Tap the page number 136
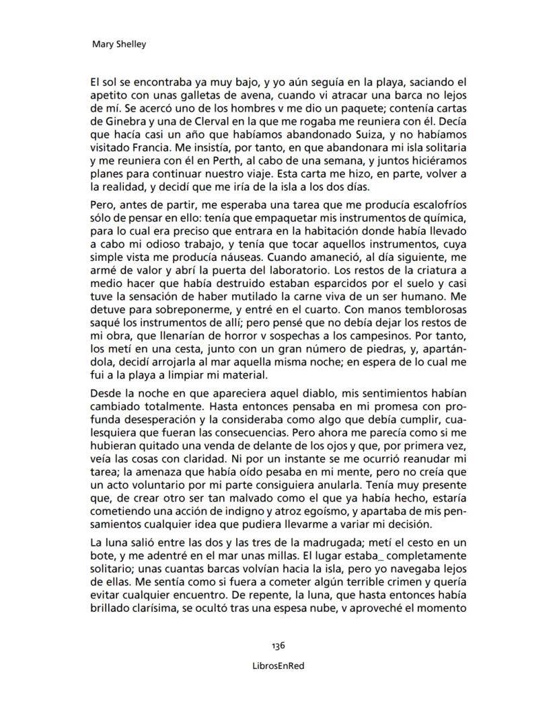coord(278,645)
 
